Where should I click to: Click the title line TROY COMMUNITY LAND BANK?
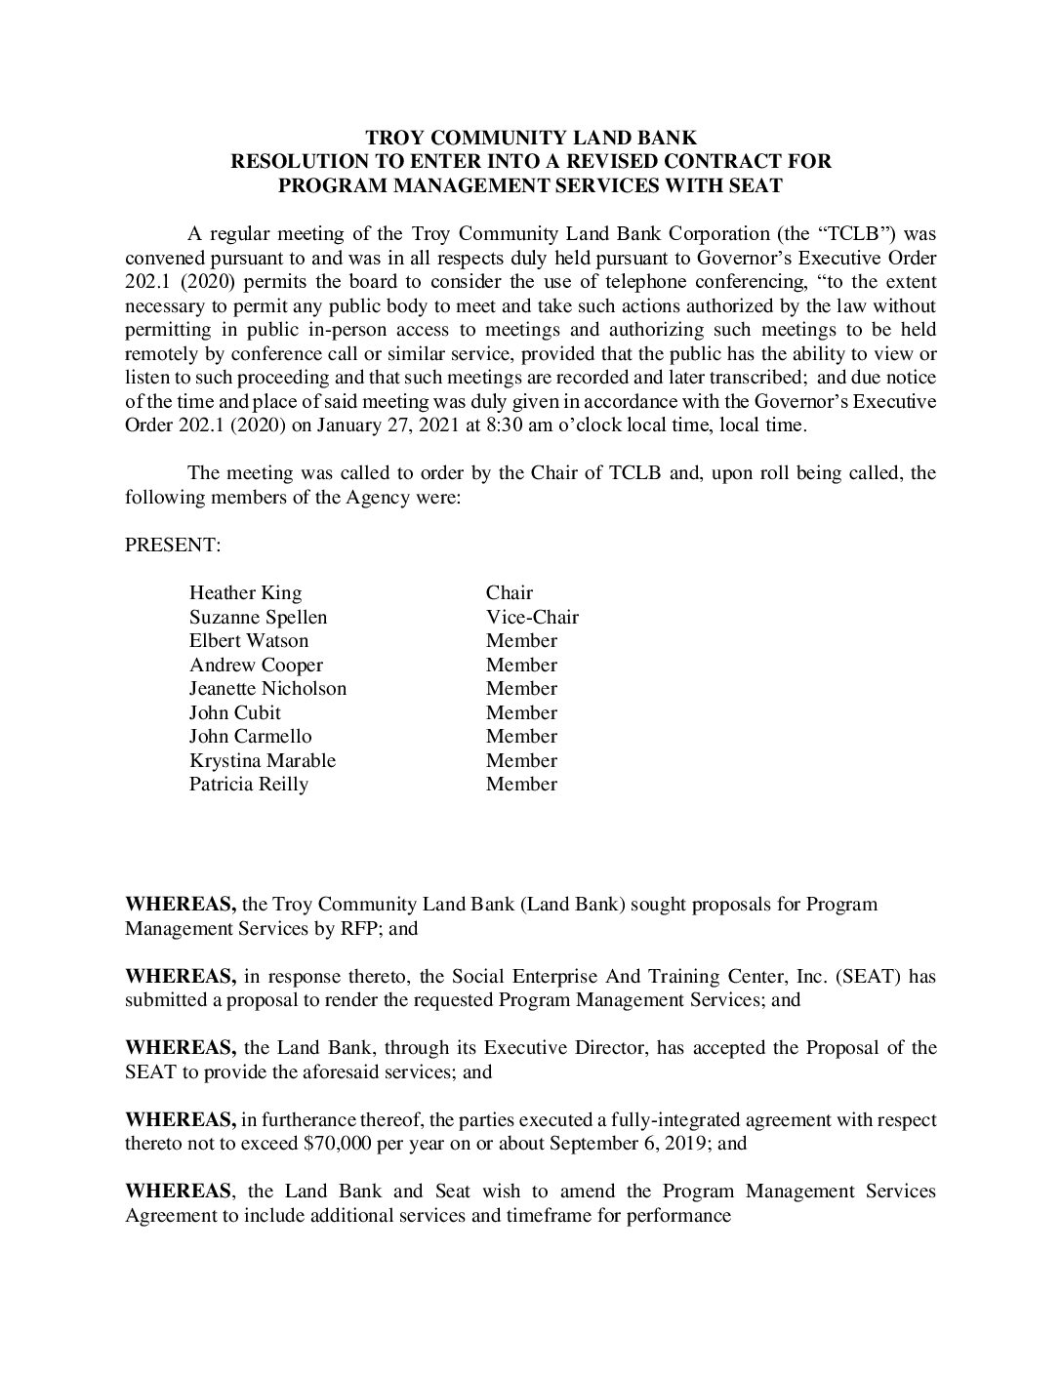(530, 139)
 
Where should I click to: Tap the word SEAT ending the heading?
(755, 185)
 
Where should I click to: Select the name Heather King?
(245, 592)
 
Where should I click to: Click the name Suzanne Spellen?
(258, 617)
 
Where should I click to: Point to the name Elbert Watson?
(248, 640)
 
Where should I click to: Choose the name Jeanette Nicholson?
(267, 688)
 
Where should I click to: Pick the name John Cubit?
(234, 712)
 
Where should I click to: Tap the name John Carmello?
(250, 736)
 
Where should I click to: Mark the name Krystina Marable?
(262, 760)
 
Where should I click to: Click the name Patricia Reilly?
(248, 784)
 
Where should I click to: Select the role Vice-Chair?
(532, 617)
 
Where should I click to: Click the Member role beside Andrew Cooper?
(521, 665)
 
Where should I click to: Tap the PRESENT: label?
(173, 545)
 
